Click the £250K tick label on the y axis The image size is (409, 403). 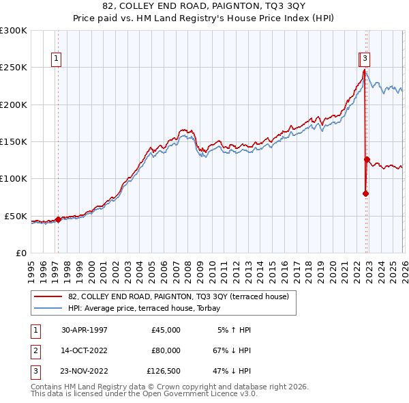[x=14, y=68]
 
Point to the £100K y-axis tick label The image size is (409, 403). [x=14, y=179]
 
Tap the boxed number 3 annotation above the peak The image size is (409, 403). [x=366, y=59]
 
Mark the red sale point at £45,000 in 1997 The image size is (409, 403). [x=58, y=219]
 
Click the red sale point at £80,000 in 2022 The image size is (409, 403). [x=365, y=193]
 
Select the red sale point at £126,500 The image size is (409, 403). [x=367, y=159]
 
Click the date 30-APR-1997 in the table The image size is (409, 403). [x=85, y=330]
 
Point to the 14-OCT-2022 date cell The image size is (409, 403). [x=85, y=350]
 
